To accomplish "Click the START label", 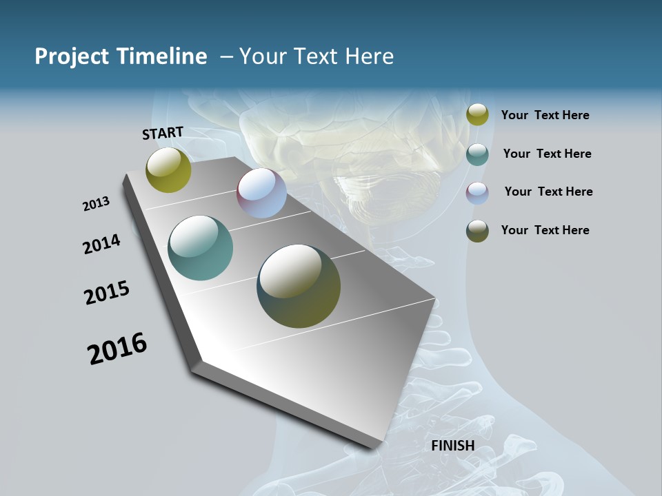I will (163, 133).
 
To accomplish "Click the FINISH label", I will (452, 446).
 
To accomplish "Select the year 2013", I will (96, 204).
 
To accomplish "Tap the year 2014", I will (101, 245).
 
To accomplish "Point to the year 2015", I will (107, 293).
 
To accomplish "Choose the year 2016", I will (117, 349).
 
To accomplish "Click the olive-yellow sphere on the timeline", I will (168, 169).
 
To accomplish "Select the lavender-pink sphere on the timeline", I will (261, 193).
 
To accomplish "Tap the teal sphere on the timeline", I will (200, 248).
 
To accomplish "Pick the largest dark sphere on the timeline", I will (299, 286).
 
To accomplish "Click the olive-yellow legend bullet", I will (477, 115).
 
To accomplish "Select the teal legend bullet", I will (477, 154).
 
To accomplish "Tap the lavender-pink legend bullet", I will (477, 193).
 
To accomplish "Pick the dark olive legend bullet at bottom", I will (477, 231).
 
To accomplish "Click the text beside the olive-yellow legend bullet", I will (545, 116).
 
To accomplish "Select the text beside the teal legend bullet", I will (547, 154).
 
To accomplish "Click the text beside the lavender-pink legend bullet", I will (548, 192).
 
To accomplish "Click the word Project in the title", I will (72, 56).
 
